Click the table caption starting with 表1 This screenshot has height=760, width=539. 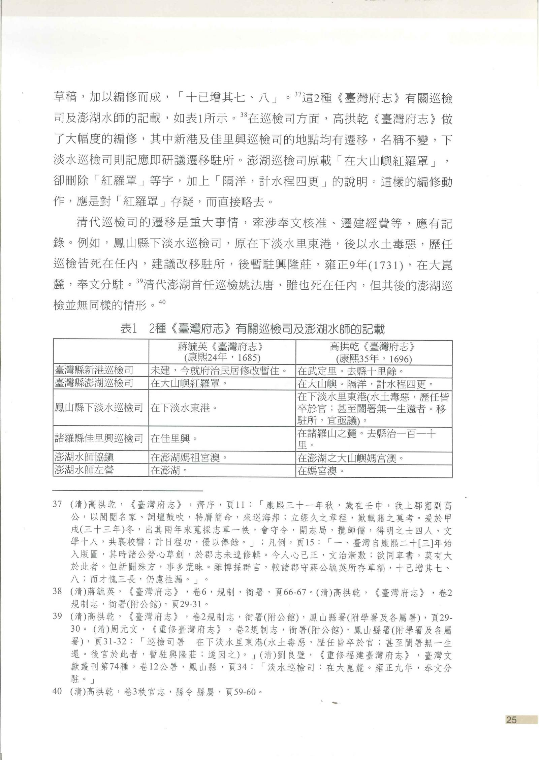coord(252,329)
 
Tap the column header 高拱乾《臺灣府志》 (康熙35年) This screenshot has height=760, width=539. coord(374,352)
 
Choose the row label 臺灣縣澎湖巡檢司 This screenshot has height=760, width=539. coord(94,383)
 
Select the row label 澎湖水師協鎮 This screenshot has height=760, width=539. coord(85,457)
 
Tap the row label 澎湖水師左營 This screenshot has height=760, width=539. coord(85,470)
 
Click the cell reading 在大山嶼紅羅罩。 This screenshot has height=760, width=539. coord(187,383)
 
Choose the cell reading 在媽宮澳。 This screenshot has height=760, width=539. coord(321,470)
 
